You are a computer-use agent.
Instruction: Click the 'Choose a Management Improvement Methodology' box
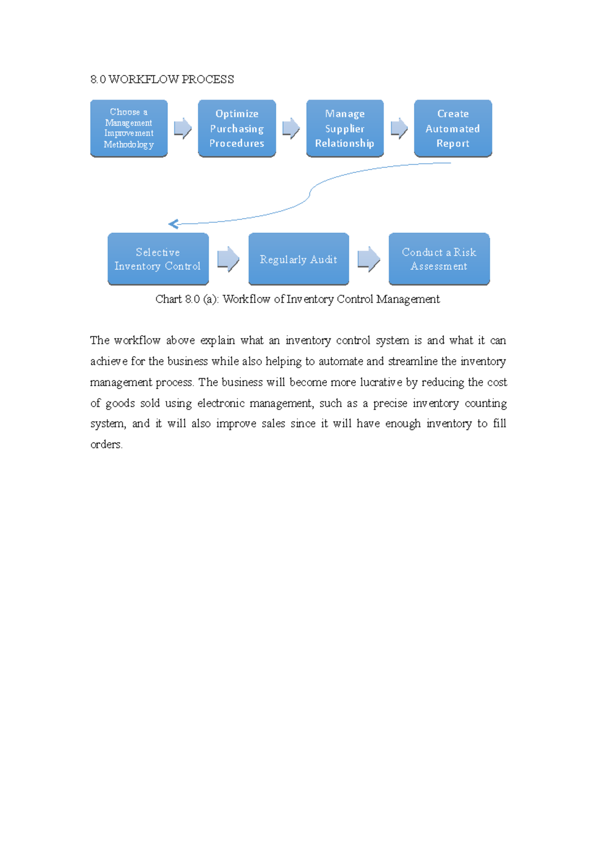(x=129, y=128)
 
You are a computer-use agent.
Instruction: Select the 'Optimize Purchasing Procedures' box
(x=237, y=128)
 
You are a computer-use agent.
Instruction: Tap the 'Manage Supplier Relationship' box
(x=345, y=128)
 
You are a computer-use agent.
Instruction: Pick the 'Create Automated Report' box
(x=453, y=128)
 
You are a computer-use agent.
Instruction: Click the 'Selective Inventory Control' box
(x=158, y=259)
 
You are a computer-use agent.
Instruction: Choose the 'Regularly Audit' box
(x=298, y=259)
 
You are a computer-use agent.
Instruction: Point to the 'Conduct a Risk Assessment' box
(x=439, y=259)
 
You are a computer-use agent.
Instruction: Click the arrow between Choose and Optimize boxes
(x=183, y=128)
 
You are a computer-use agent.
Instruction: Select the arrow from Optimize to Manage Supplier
(x=291, y=128)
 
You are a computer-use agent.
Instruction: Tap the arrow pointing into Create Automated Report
(x=399, y=128)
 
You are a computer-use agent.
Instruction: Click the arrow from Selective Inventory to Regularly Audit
(x=228, y=259)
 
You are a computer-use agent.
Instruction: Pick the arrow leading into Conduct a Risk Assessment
(x=369, y=259)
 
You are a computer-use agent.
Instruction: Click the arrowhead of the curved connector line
(x=173, y=224)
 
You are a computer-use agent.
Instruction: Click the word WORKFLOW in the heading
(x=143, y=80)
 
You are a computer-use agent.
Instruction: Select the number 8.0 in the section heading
(x=98, y=80)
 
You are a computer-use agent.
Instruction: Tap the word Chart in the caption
(x=168, y=299)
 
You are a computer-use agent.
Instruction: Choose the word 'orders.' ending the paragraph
(x=106, y=444)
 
